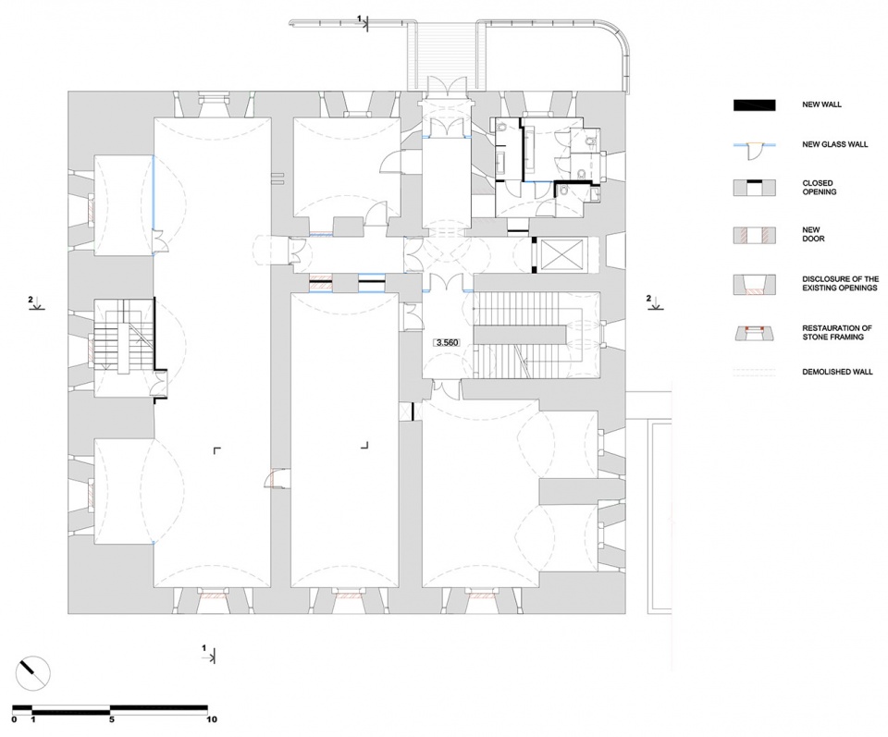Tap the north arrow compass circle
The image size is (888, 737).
point(34,675)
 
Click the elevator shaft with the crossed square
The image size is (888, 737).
point(561,255)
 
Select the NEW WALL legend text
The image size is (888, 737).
point(821,104)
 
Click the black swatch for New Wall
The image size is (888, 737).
point(755,105)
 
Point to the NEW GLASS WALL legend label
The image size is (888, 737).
point(834,144)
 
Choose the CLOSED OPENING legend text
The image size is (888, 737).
point(819,188)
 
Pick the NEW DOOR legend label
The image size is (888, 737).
point(813,234)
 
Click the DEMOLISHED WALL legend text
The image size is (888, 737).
point(837,372)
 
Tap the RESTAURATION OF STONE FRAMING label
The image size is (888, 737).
point(836,332)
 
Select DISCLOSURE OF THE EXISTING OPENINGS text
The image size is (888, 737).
point(841,283)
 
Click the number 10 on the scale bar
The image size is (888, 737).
point(211,719)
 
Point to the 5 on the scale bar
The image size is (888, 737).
point(112,719)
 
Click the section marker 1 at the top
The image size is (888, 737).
point(363,22)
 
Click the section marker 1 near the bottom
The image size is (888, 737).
point(209,653)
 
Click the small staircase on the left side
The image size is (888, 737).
point(123,341)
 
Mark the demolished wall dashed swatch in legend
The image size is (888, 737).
point(755,373)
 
